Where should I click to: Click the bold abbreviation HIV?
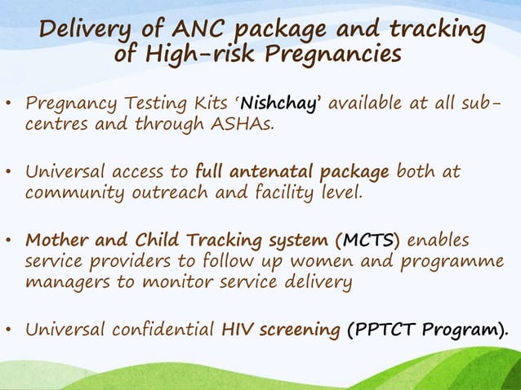(239, 330)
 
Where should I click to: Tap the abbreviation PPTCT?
(388, 330)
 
